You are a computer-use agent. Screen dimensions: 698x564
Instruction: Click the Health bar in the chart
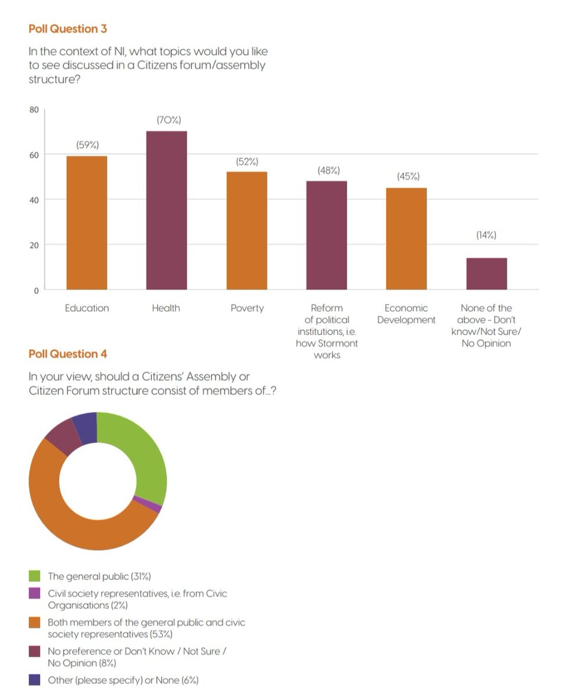[166, 211]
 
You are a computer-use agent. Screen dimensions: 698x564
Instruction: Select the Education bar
[87, 223]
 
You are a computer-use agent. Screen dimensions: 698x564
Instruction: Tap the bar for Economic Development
[406, 238]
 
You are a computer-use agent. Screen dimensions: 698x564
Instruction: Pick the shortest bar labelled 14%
[486, 273]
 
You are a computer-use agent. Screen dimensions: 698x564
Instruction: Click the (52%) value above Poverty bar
[247, 162]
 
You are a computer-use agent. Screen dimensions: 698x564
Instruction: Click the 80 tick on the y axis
[34, 109]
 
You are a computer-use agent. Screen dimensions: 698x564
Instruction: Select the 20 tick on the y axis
[34, 245]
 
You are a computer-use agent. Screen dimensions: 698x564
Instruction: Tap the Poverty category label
[247, 308]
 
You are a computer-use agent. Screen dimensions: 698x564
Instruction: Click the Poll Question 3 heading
[67, 29]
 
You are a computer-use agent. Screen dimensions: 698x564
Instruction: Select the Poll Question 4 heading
[67, 354]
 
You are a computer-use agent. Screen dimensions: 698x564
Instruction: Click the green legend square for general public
[35, 576]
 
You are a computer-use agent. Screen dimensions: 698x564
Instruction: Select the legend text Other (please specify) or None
[123, 680]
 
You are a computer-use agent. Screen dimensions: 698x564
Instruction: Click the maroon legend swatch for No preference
[35, 652]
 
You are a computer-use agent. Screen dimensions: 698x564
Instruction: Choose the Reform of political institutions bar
[326, 235]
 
